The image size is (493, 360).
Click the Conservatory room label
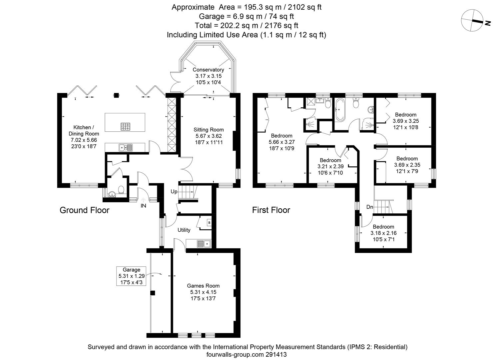pos(208,70)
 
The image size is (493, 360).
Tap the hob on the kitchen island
pos(125,127)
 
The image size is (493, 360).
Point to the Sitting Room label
pos(209,130)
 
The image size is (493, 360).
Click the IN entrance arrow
pos(143,200)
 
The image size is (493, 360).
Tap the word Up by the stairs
pos(174,192)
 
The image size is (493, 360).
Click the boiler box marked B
pos(209,223)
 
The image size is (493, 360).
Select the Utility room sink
pos(204,244)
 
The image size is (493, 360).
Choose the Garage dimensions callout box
pos(131,276)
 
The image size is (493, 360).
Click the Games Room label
pos(203,286)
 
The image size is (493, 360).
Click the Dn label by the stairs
pos(370,207)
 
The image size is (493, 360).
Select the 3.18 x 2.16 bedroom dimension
pos(383,233)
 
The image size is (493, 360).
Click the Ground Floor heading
pos(85,210)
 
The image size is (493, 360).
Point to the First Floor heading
pos(271,210)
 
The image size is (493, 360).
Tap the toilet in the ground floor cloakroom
pos(121,190)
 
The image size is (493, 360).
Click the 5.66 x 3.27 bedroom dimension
pos(281,142)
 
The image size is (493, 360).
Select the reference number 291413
pos(276,354)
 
